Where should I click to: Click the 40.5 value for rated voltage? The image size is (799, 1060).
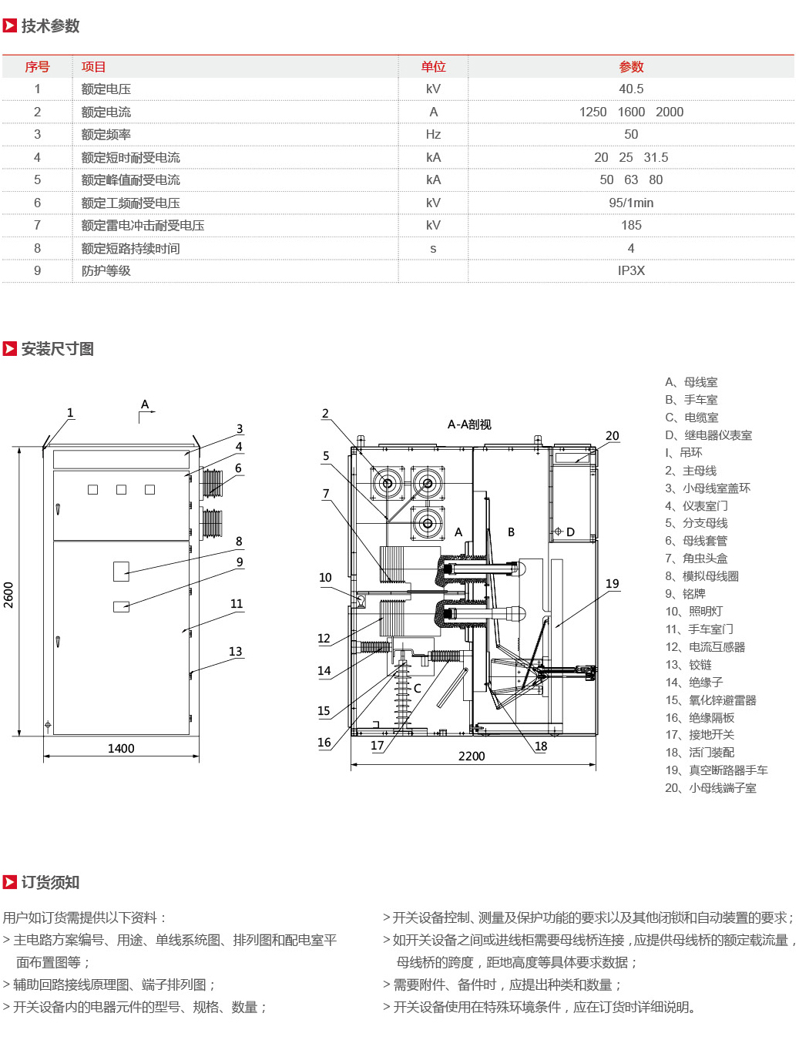630,89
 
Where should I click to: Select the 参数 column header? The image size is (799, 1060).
630,67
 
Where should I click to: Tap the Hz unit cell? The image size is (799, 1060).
433,134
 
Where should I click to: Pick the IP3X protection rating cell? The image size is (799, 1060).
630,270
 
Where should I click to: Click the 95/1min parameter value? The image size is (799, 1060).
630,203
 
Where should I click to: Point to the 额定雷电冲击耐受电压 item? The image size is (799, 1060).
143,226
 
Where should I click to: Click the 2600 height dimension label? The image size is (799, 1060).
8,595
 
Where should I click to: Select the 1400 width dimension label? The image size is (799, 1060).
121,748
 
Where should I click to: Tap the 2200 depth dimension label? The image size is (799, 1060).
472,756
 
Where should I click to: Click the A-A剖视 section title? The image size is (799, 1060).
469,424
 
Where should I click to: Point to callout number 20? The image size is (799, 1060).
612,435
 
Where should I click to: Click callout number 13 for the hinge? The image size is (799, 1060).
235,652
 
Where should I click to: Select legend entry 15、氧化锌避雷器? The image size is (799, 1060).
710,699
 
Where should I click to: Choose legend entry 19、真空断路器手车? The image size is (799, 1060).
716,770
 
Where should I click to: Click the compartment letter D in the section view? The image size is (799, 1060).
570,532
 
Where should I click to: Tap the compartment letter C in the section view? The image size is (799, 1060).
417,688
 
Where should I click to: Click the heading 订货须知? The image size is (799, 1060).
50,882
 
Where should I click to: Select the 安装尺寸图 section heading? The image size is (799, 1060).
58,348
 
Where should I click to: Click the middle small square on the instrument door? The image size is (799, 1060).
121,490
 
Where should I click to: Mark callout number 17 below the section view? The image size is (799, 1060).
377,745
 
